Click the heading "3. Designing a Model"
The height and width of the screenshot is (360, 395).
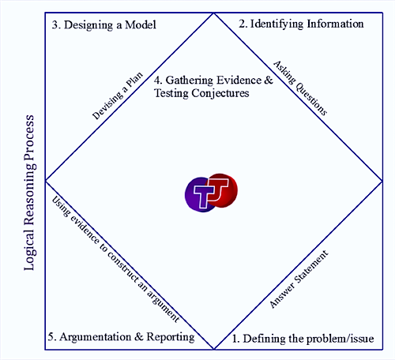(x=104, y=25)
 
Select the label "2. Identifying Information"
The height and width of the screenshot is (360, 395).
(x=301, y=24)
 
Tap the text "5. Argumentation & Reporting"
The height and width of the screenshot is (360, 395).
(x=122, y=337)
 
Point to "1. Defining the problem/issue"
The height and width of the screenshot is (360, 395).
(x=303, y=339)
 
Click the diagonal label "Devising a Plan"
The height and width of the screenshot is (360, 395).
(x=118, y=96)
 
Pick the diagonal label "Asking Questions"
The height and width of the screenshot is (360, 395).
(x=300, y=88)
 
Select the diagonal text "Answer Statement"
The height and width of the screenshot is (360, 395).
(x=299, y=279)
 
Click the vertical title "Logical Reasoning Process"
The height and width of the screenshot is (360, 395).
(x=29, y=193)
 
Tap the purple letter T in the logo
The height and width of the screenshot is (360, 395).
(x=203, y=195)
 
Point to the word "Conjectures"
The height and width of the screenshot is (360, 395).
(x=220, y=93)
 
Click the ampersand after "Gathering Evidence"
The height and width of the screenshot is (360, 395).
(x=269, y=80)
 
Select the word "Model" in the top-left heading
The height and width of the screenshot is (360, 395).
(x=141, y=25)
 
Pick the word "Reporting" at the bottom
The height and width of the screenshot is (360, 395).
(x=171, y=337)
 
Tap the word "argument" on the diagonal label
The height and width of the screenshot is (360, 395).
(x=164, y=306)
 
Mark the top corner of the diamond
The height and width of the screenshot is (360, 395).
(x=214, y=13)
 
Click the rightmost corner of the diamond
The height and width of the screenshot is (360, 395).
(x=382, y=181)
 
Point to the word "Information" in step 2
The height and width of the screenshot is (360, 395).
(x=336, y=24)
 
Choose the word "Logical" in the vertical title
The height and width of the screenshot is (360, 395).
(x=29, y=249)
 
